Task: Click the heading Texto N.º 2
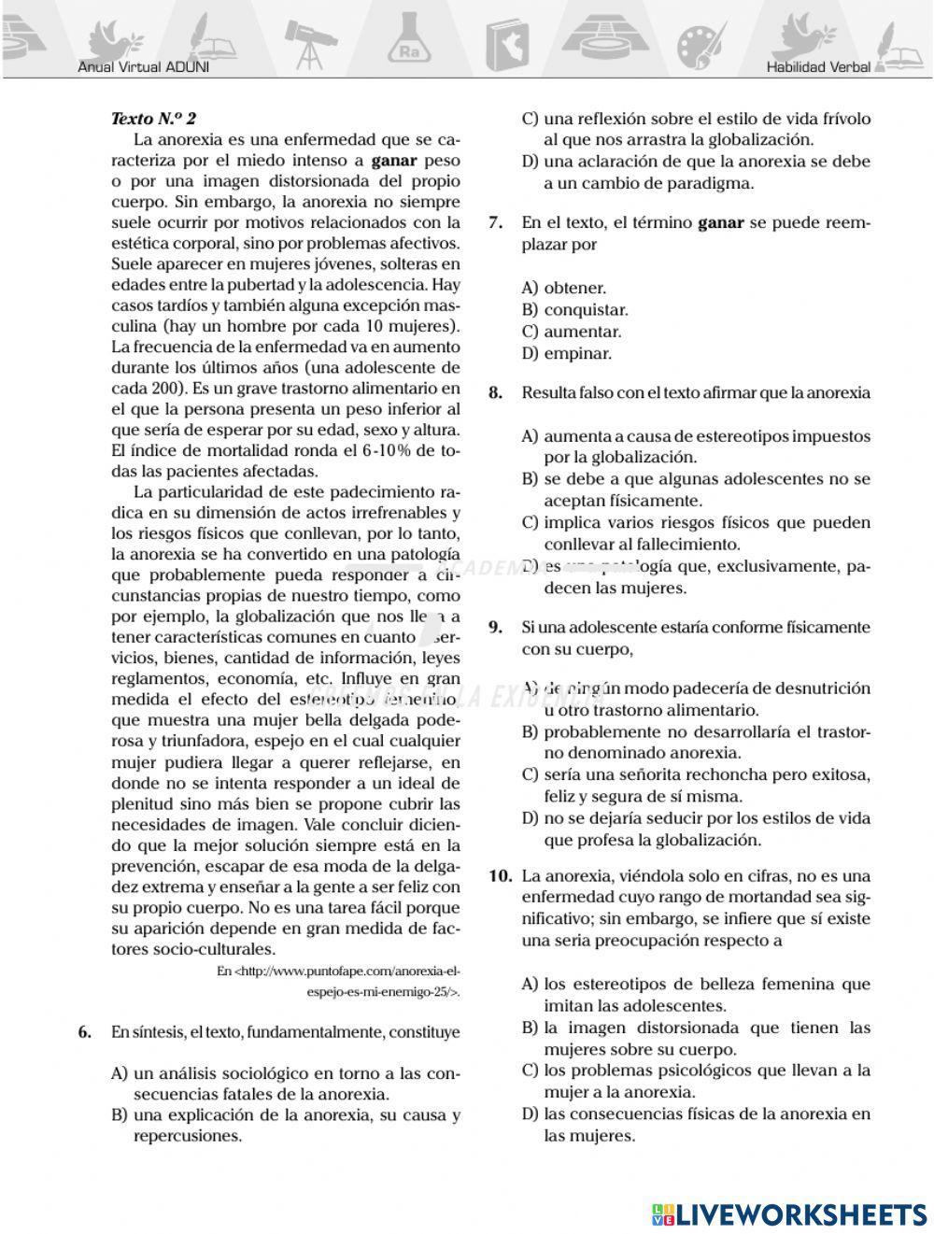(153, 119)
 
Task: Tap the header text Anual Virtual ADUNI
(144, 67)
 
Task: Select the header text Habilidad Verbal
(817, 67)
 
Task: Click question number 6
(84, 1032)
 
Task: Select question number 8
(497, 393)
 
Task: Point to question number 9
(497, 628)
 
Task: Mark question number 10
(501, 876)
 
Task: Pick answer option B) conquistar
(574, 310)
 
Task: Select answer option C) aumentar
(571, 332)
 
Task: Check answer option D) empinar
(567, 354)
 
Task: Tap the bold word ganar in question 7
(721, 223)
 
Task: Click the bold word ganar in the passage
(393, 161)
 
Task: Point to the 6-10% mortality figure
(382, 450)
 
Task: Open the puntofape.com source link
(338, 981)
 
